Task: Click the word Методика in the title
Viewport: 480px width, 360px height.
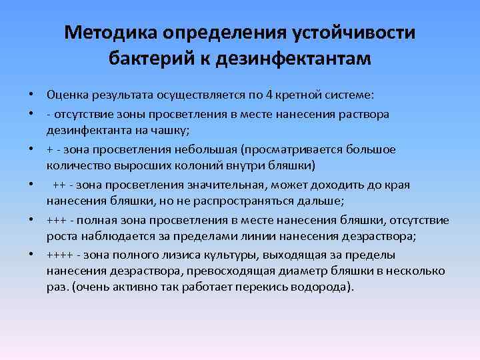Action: coord(113,33)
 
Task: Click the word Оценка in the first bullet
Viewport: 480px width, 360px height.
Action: coord(66,91)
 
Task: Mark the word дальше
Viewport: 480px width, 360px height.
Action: coord(323,201)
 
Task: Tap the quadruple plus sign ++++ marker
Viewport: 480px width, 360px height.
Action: coord(60,255)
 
